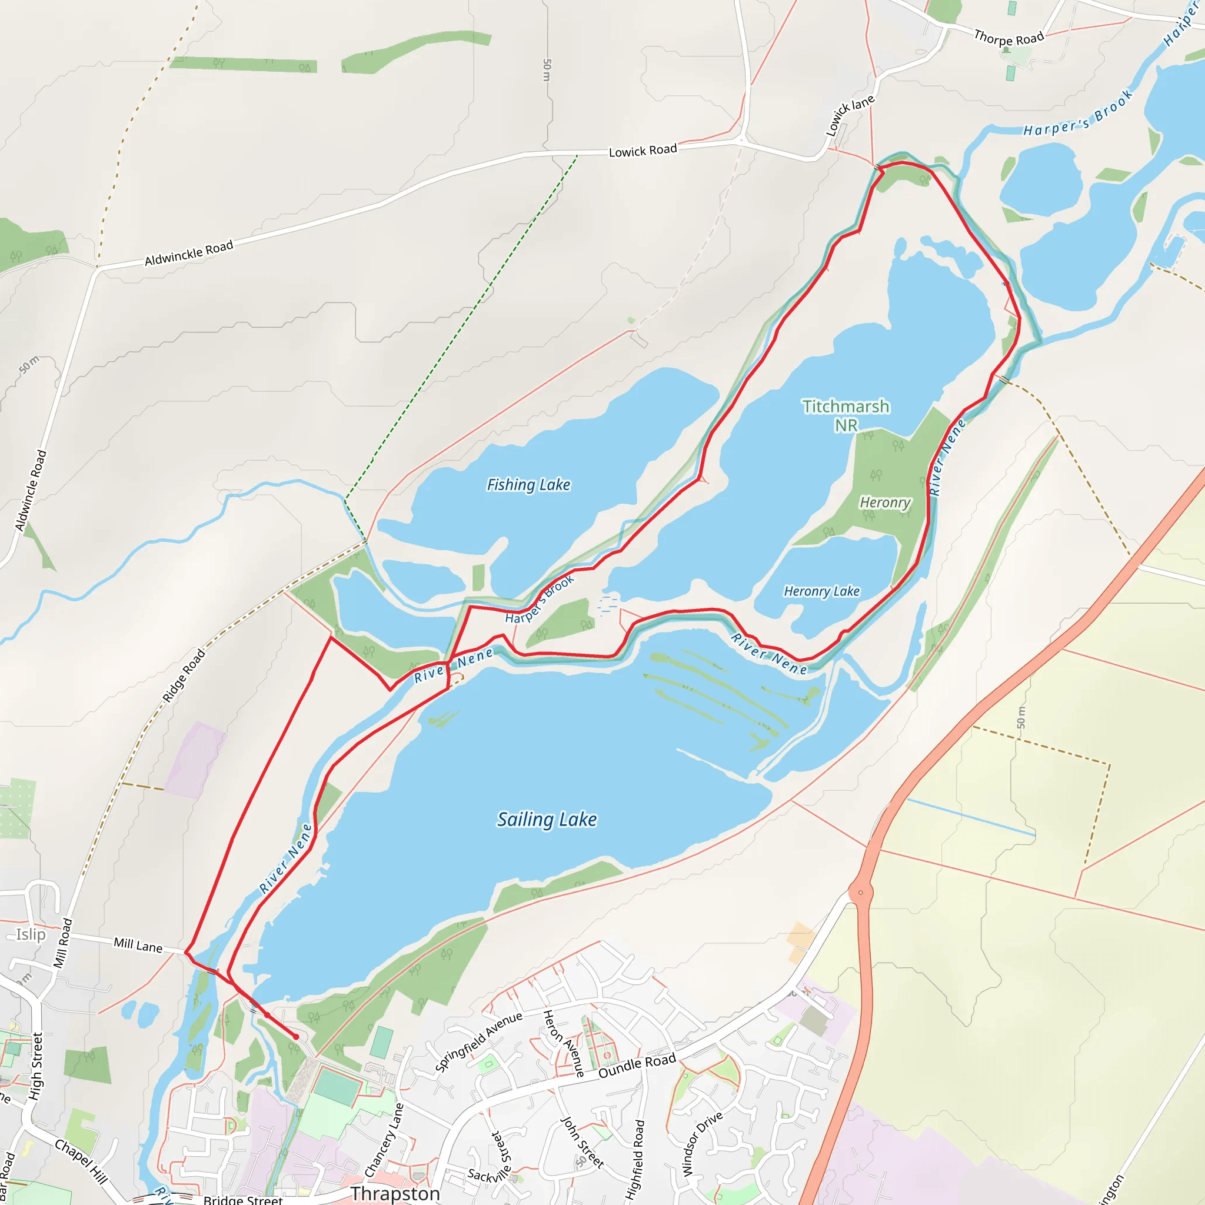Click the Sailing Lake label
pos(547,819)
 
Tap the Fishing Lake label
pos(528,485)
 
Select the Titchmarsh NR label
pos(846,415)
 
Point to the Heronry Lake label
pos(821,591)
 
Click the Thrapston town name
pos(395,1193)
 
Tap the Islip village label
pos(31,934)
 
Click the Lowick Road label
pos(643,150)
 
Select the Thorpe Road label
pos(1008,38)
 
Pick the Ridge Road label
pos(184,675)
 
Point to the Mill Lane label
pos(138,946)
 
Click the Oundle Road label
pos(637,1066)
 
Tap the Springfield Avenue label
pos(478,1041)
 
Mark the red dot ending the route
pos(295,1037)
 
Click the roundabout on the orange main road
pos(861,893)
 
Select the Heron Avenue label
pos(563,1043)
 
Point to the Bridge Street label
pos(242,1199)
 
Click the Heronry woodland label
pos(885,502)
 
